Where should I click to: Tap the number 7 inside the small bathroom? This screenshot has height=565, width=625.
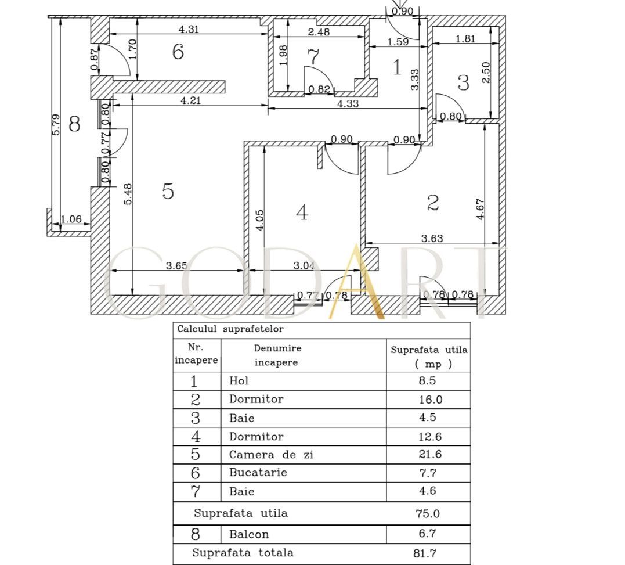314,56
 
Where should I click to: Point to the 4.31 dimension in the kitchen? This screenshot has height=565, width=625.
189,28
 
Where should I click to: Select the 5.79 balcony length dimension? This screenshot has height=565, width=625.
56,124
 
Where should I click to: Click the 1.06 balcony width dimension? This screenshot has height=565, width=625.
71,219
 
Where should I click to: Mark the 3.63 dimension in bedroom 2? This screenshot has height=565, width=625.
432,238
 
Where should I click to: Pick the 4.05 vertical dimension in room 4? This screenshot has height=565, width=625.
259,221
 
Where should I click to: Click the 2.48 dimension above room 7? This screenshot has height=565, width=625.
319,32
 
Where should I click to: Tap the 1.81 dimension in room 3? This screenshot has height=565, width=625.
465,39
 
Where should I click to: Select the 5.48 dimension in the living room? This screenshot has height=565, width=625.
128,194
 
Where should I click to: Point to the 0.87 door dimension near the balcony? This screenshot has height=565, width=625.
95,59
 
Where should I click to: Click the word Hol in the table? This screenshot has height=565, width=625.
239,381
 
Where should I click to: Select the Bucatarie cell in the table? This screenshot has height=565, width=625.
258,473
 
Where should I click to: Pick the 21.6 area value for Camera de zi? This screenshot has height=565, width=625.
430,454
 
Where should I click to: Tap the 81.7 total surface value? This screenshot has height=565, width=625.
425,553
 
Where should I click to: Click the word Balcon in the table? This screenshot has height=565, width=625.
249,534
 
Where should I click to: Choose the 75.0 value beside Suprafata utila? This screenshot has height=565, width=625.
428,513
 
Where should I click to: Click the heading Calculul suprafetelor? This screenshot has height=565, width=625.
230,329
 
